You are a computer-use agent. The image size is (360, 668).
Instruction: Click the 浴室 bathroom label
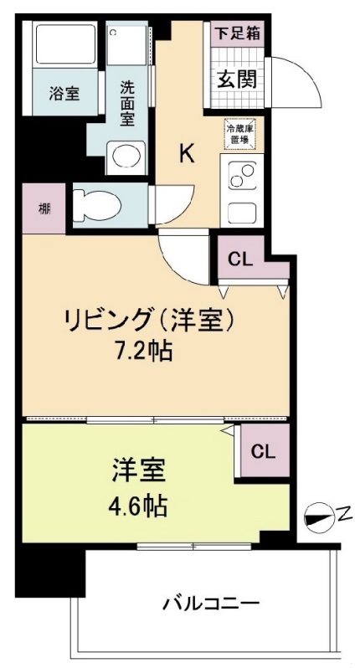click(x=64, y=94)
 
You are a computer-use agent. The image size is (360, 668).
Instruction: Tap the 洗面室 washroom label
click(x=127, y=101)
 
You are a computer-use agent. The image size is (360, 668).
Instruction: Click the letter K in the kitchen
click(x=188, y=153)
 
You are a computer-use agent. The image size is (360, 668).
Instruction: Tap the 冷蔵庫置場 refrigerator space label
click(x=237, y=134)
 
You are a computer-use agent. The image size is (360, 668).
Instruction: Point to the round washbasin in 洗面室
click(x=126, y=157)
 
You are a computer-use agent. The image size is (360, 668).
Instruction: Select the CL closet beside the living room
click(x=240, y=259)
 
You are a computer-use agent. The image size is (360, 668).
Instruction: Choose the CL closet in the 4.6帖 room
click(x=263, y=452)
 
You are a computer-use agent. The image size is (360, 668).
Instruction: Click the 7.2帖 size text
click(x=143, y=350)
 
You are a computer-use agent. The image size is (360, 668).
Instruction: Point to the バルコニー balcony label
click(x=210, y=601)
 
